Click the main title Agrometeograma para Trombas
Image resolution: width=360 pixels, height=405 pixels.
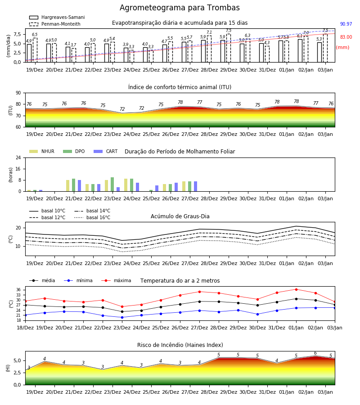click(180, 8)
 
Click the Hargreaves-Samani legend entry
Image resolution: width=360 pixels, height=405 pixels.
click(57, 17)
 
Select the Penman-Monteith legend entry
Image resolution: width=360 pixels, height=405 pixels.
click(55, 24)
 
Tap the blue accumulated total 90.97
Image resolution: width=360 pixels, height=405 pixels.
click(346, 24)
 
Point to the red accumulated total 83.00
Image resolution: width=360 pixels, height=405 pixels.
click(346, 37)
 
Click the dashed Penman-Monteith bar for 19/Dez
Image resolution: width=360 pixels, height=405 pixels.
click(35, 50)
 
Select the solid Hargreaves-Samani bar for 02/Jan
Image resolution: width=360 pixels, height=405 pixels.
click(300, 50)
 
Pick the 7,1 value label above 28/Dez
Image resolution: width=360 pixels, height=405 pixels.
click(209, 32)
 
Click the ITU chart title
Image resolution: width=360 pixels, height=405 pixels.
click(180, 87)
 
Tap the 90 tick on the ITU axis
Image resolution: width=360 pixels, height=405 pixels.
click(18, 93)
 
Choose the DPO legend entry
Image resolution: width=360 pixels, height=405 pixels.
click(74, 151)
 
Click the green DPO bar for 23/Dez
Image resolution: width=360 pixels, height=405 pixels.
click(112, 184)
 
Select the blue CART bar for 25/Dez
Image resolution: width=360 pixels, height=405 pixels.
click(157, 188)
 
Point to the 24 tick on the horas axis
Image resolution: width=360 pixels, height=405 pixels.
click(18, 157)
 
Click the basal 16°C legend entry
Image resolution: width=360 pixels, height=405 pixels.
click(92, 217)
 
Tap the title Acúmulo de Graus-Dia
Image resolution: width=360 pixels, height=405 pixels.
click(180, 216)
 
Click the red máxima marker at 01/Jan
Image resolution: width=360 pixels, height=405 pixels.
click(296, 289)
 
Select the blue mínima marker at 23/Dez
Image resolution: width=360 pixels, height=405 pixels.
click(122, 317)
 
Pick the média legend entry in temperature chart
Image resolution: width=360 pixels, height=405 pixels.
click(42, 280)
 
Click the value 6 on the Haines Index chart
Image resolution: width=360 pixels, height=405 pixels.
click(315, 353)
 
